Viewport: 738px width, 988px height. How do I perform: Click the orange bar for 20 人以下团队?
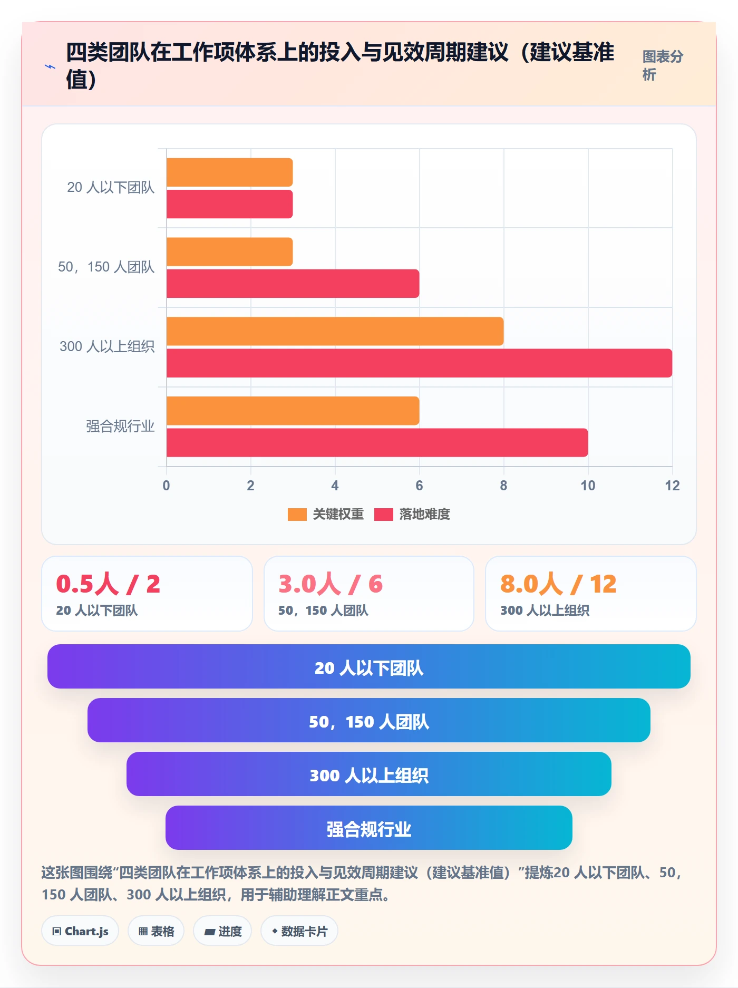[229, 172]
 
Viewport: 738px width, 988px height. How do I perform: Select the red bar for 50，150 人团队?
[293, 284]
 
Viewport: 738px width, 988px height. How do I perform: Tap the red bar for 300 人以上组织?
[419, 363]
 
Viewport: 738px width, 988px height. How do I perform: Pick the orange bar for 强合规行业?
[293, 411]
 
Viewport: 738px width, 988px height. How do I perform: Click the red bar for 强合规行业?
[377, 443]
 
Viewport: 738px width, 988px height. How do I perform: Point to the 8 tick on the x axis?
[503, 486]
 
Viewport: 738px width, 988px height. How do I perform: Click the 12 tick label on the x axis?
[672, 486]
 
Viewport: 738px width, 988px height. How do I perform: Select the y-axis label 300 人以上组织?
[107, 346]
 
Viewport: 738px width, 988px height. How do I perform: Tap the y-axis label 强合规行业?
[120, 426]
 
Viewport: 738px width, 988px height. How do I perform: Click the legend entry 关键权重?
[326, 514]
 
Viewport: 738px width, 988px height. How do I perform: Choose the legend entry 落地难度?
[412, 514]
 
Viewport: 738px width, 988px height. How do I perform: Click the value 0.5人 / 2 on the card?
[108, 584]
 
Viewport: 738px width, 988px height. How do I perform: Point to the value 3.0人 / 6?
[331, 584]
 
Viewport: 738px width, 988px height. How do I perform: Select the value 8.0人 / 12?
[558, 584]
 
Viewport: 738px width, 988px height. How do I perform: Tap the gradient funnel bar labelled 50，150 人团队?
[369, 720]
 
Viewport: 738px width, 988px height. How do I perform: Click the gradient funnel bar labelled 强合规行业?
[369, 828]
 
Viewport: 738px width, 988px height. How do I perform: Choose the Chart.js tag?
[80, 931]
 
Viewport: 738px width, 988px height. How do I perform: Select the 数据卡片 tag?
[299, 931]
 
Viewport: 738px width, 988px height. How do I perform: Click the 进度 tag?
[222, 931]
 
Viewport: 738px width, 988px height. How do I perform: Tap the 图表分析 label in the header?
[663, 65]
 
